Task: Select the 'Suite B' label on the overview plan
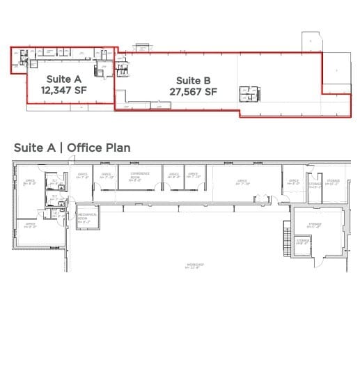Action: coord(193,80)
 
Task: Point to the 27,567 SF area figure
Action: coord(193,91)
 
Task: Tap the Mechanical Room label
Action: coord(86,217)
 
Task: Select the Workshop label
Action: coord(194,265)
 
